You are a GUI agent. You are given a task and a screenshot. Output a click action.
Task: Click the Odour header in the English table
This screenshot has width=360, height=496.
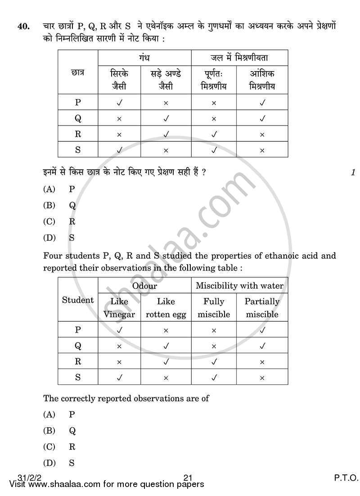click(x=144, y=286)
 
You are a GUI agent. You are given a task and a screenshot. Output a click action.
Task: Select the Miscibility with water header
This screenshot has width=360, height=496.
click(x=239, y=286)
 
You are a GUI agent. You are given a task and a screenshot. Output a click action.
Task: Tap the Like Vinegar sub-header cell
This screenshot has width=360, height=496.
click(x=119, y=308)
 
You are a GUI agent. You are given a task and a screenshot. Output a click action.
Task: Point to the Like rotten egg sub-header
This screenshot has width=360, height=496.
click(x=166, y=308)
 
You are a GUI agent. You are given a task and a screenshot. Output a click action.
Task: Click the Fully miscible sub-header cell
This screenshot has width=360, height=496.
click(x=214, y=308)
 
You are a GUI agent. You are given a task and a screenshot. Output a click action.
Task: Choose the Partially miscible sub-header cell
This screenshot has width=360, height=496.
click(x=262, y=308)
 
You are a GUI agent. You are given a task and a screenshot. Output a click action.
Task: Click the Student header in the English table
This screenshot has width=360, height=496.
click(x=78, y=300)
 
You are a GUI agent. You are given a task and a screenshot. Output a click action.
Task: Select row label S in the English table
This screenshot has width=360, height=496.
click(x=78, y=378)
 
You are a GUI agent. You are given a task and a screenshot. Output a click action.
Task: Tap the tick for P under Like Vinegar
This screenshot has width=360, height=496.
click(x=119, y=330)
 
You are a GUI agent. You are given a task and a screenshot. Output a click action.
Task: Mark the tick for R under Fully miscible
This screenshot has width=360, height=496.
click(x=214, y=362)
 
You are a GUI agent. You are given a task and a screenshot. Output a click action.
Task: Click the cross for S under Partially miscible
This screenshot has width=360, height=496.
click(x=262, y=378)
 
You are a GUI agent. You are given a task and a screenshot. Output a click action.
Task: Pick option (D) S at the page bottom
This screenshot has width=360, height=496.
click(x=59, y=463)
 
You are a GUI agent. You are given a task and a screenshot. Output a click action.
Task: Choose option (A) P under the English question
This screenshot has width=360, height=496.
click(x=59, y=415)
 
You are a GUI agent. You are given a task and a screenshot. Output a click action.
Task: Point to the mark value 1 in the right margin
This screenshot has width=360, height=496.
click(x=353, y=172)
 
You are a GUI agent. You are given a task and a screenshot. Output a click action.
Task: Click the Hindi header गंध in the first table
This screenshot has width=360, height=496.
click(x=144, y=58)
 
